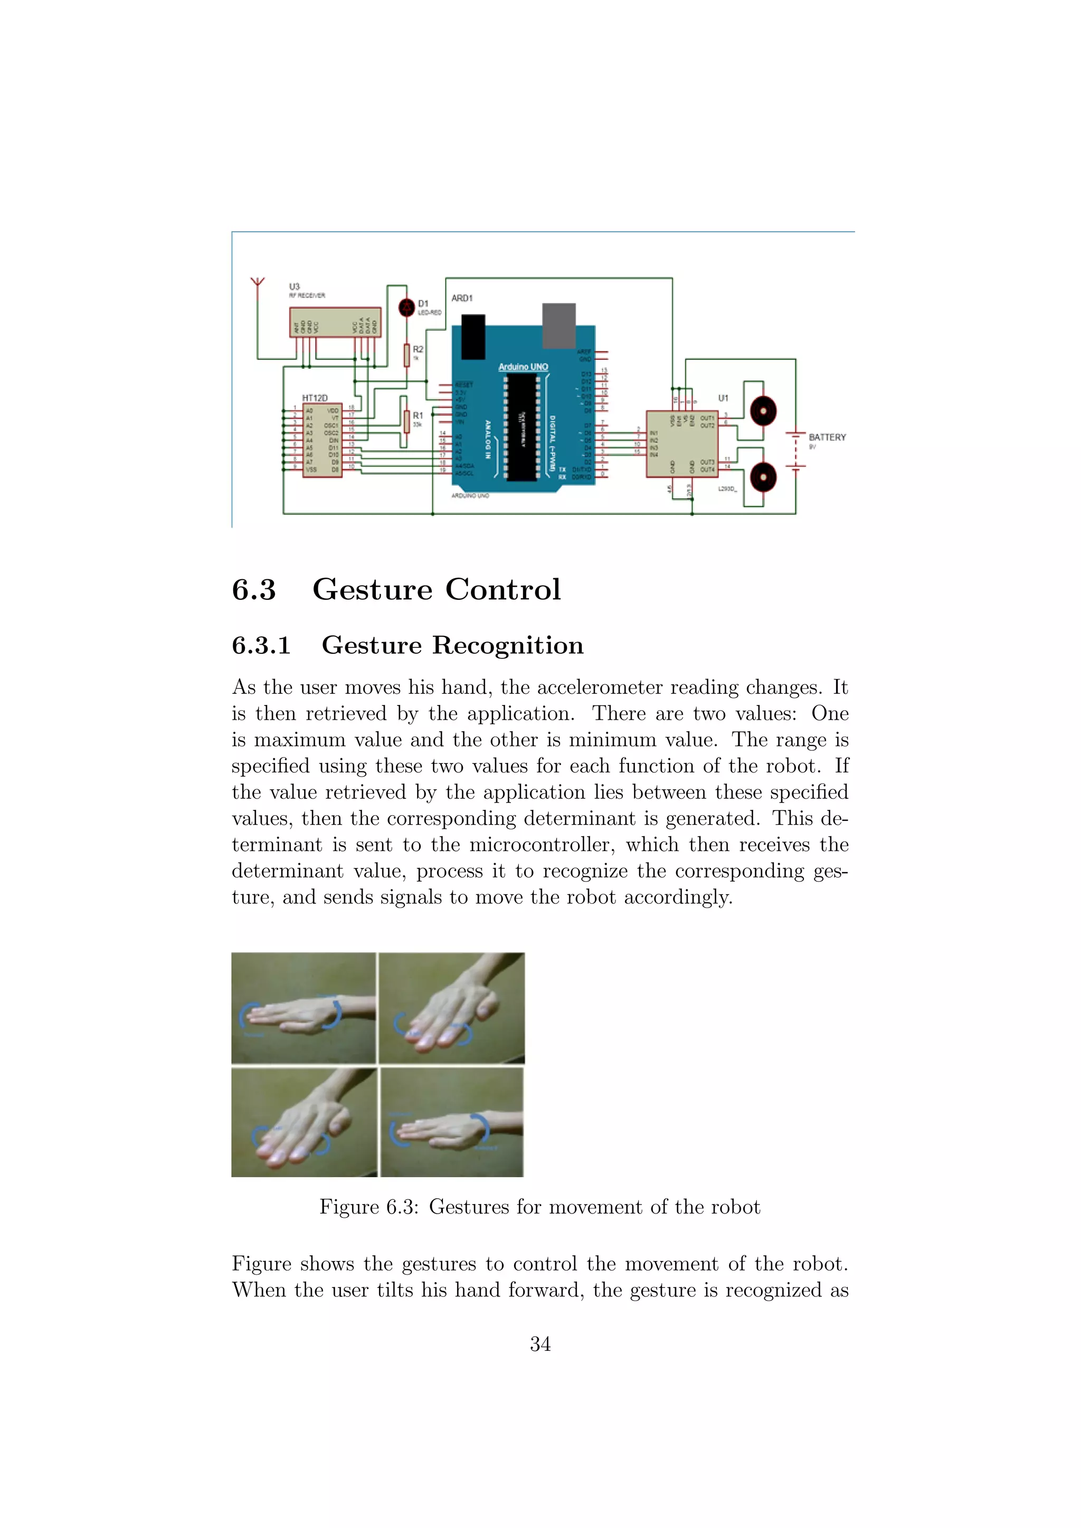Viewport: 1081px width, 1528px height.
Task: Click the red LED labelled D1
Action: (406, 308)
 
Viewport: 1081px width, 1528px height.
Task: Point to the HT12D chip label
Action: (315, 398)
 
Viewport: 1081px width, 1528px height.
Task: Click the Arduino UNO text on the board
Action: (523, 367)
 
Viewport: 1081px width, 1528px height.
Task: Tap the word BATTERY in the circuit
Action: (827, 437)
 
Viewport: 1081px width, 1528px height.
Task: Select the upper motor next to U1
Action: (763, 411)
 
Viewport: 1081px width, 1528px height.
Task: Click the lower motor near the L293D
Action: (763, 476)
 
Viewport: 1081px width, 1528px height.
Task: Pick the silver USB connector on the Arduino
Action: (558, 326)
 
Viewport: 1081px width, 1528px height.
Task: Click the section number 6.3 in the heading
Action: (253, 590)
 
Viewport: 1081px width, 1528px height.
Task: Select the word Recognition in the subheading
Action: (508, 645)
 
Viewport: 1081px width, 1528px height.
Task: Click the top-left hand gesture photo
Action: (304, 1008)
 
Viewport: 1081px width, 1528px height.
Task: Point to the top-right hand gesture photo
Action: (451, 1008)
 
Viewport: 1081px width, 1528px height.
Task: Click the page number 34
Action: (540, 1344)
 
